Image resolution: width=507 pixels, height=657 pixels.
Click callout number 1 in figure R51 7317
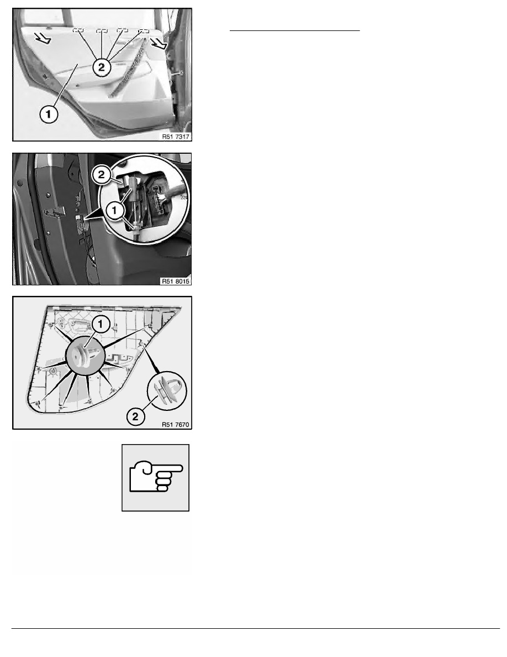pos(49,114)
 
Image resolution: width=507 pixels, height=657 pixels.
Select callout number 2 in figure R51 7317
pos(102,67)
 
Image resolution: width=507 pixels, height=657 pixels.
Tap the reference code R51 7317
pos(176,137)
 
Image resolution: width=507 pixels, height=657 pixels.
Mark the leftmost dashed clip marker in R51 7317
pos(78,30)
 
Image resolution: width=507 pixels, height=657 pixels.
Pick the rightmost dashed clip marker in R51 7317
pos(144,31)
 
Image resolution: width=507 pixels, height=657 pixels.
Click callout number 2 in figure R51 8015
pos(102,175)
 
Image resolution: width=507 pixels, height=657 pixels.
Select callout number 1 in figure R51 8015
pos(115,210)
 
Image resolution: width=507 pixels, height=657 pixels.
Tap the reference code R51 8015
pos(176,281)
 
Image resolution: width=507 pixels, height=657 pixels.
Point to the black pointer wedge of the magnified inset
pos(91,215)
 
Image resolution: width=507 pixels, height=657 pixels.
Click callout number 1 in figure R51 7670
pos(101,324)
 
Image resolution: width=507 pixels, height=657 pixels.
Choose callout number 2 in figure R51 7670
pos(135,416)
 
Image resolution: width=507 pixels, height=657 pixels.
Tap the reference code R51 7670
pos(176,425)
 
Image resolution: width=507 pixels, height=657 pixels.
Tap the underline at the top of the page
pos(295,30)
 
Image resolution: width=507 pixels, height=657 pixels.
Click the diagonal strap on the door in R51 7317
pos(129,67)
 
